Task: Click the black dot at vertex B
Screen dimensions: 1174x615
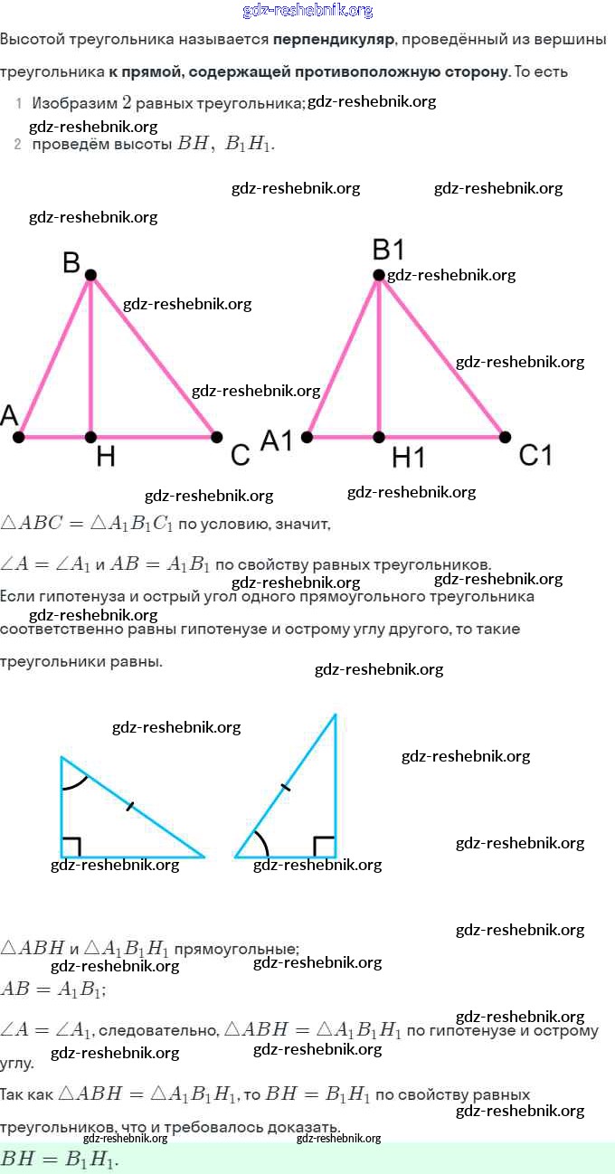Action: click(x=90, y=274)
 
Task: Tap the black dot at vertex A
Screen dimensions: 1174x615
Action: click(x=18, y=437)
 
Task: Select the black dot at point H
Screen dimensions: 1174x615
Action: click(x=90, y=437)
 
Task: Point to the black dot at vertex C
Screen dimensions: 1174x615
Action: click(x=217, y=437)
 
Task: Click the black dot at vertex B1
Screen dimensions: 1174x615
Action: click(x=379, y=274)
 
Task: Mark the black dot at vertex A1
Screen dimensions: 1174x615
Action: click(x=307, y=437)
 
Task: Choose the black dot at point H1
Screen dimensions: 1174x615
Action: click(x=379, y=437)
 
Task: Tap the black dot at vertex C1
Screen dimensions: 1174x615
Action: click(x=505, y=437)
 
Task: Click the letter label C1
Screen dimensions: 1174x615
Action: click(x=535, y=455)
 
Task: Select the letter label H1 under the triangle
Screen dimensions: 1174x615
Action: click(x=408, y=459)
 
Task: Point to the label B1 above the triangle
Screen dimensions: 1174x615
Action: click(x=388, y=249)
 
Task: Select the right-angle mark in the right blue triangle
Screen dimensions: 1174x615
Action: click(x=325, y=847)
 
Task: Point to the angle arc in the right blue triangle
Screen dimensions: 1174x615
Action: click(x=263, y=843)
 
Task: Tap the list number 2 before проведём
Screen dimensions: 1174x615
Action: click(x=17, y=144)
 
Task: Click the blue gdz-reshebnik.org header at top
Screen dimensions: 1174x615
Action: click(x=307, y=10)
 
